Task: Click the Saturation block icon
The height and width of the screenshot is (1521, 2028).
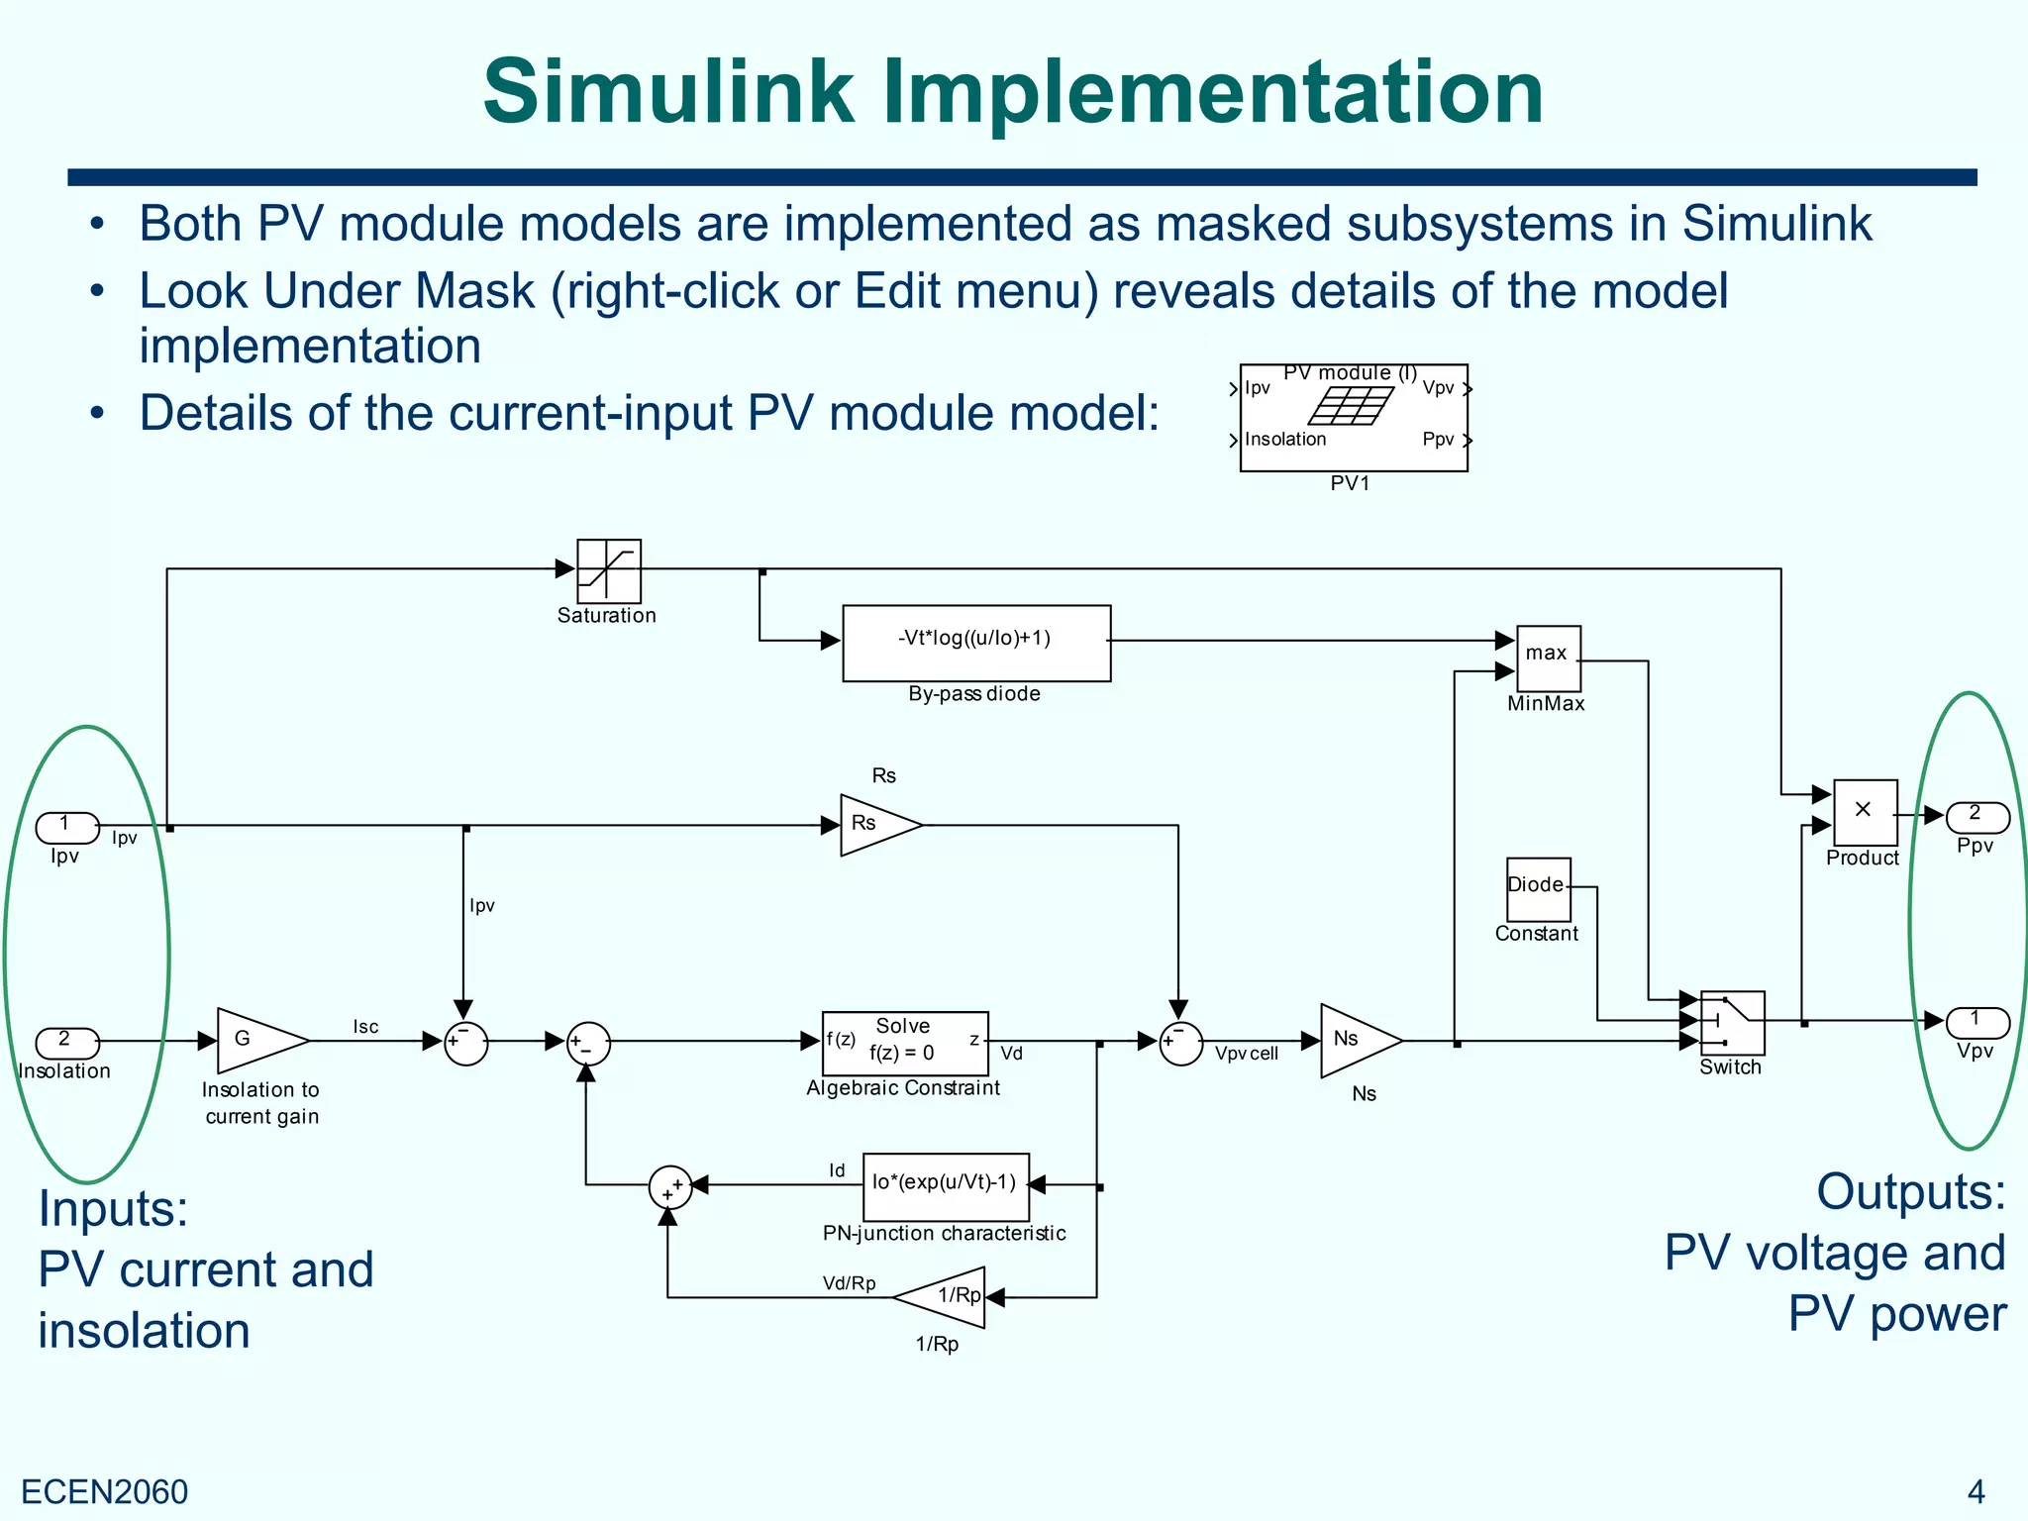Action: point(608,570)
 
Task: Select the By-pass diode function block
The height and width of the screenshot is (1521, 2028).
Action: point(975,643)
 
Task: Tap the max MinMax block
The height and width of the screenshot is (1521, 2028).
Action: point(1548,659)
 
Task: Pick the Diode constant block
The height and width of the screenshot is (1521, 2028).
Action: point(1537,888)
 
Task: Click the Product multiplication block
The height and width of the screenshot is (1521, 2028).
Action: point(1865,812)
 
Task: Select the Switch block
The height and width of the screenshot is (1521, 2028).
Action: point(1731,1023)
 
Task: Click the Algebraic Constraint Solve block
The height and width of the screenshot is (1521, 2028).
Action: point(904,1042)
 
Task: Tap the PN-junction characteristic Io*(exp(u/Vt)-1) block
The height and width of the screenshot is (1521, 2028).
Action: point(945,1185)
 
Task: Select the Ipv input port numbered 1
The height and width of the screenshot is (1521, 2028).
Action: point(66,826)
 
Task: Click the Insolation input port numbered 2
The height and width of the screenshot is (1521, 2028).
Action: point(66,1042)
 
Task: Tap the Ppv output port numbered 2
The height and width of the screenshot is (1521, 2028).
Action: point(1977,817)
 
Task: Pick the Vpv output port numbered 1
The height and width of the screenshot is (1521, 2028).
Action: point(1977,1021)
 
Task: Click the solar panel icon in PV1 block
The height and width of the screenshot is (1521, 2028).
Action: point(1351,406)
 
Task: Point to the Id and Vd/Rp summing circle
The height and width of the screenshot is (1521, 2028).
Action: point(669,1186)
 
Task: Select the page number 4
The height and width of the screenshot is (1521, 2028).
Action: point(1976,1491)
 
